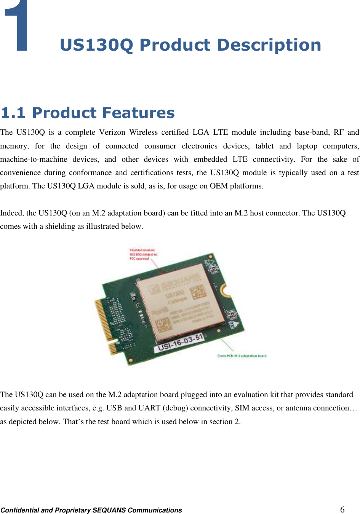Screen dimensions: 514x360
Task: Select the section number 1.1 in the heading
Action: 13,113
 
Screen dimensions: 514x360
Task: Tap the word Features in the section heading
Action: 138,113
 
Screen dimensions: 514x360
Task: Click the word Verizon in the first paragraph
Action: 112,132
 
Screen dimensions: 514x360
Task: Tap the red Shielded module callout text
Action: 143,254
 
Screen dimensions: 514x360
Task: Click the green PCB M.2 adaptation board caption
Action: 242,356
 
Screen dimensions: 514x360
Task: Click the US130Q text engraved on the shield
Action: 174,294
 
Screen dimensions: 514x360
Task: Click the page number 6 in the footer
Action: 342,509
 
